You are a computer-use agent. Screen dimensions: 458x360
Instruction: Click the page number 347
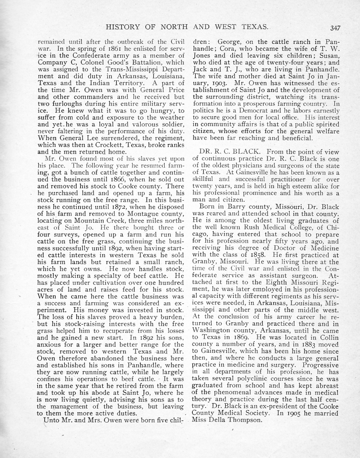(x=335, y=28)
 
